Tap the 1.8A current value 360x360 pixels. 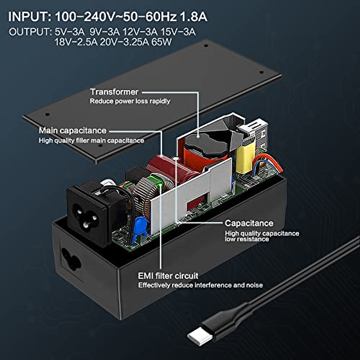[x=193, y=16]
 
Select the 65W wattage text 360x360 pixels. [x=162, y=42]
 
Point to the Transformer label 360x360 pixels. [x=114, y=92]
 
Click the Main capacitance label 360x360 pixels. [x=73, y=130]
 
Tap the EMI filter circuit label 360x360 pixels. [x=168, y=276]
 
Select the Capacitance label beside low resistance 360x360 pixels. [x=249, y=223]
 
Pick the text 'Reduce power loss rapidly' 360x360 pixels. [x=130, y=101]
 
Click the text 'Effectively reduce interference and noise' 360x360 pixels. [x=200, y=285]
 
